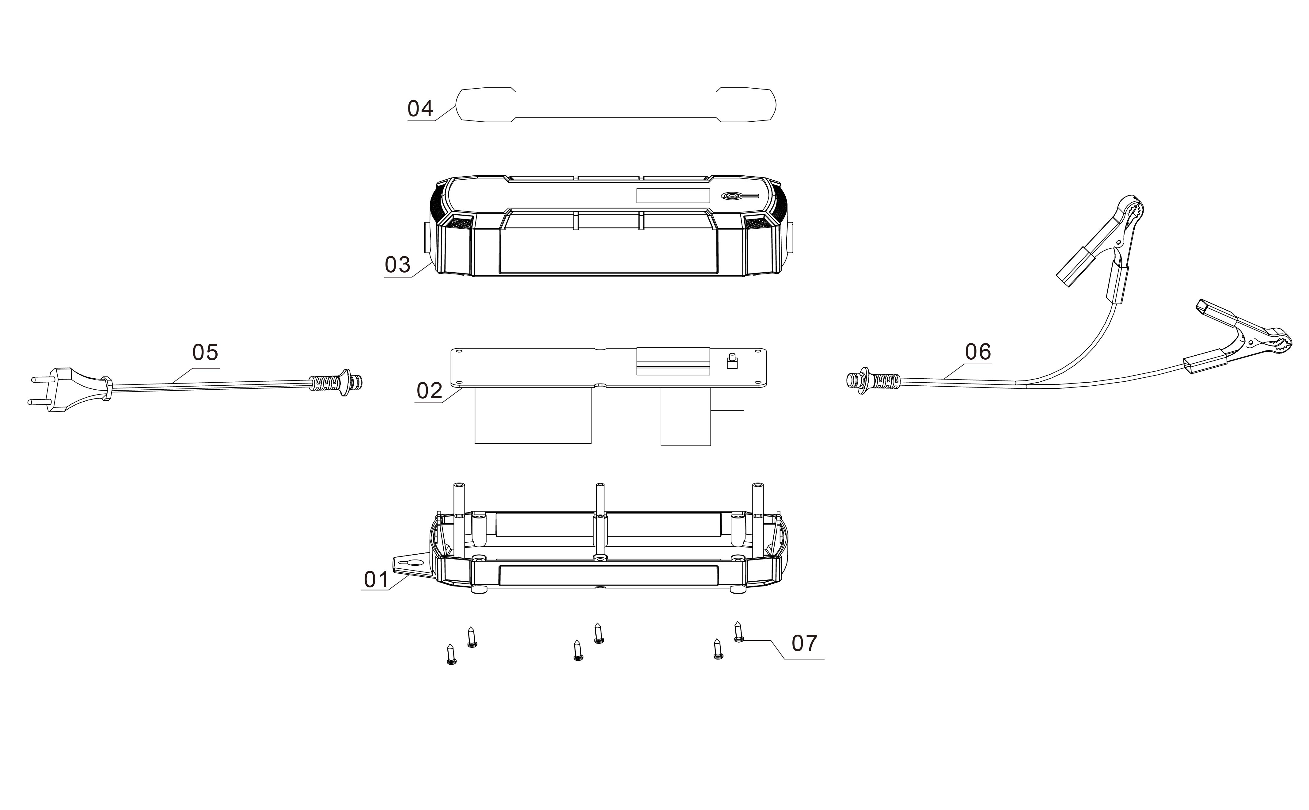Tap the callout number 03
tap(397, 265)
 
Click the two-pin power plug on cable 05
tap(70, 389)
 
